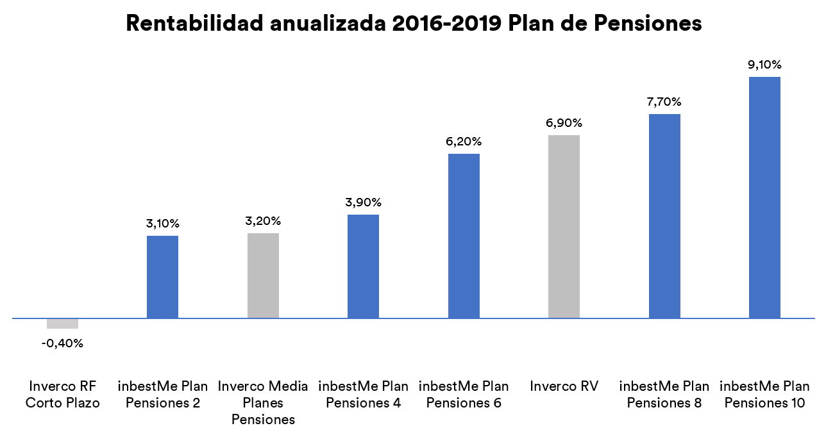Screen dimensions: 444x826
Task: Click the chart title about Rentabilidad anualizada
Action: (414, 23)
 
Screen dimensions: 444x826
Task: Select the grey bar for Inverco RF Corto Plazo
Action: (62, 324)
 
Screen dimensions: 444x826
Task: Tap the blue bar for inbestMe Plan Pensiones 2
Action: (162, 277)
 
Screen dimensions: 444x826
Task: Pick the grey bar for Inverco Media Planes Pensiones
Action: (263, 275)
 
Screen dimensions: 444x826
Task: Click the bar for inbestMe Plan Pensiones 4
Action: (363, 267)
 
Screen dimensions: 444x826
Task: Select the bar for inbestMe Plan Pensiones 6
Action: (464, 236)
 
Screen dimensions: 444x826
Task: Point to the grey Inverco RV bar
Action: (564, 226)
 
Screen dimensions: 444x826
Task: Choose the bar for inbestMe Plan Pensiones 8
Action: (664, 216)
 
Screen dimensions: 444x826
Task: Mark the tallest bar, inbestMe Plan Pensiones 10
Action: (764, 197)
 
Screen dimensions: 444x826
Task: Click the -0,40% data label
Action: (62, 343)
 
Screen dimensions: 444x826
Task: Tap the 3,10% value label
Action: (162, 224)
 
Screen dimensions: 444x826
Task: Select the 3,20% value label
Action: (263, 221)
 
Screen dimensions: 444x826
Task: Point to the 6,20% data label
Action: (464, 142)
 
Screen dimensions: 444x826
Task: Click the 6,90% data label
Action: (564, 123)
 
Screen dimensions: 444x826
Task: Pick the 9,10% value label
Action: (764, 65)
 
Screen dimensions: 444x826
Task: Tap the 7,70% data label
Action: (664, 102)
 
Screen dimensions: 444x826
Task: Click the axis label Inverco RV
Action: (564, 386)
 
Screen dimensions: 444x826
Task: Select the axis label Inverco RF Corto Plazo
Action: (62, 395)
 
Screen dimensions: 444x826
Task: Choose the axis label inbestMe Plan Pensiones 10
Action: (764, 395)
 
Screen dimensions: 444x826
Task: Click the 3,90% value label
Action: (363, 202)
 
